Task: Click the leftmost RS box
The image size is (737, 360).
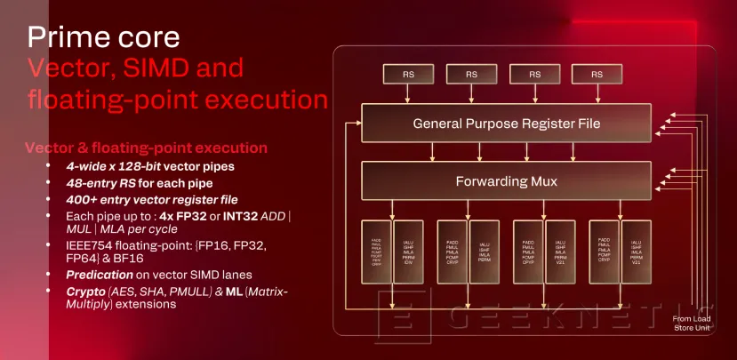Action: (406, 75)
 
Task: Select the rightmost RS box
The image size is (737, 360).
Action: (596, 75)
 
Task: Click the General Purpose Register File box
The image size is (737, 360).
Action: (507, 123)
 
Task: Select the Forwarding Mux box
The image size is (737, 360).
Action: (507, 180)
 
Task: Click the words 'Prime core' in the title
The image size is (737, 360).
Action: (103, 37)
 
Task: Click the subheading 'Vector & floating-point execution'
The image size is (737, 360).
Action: (146, 148)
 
